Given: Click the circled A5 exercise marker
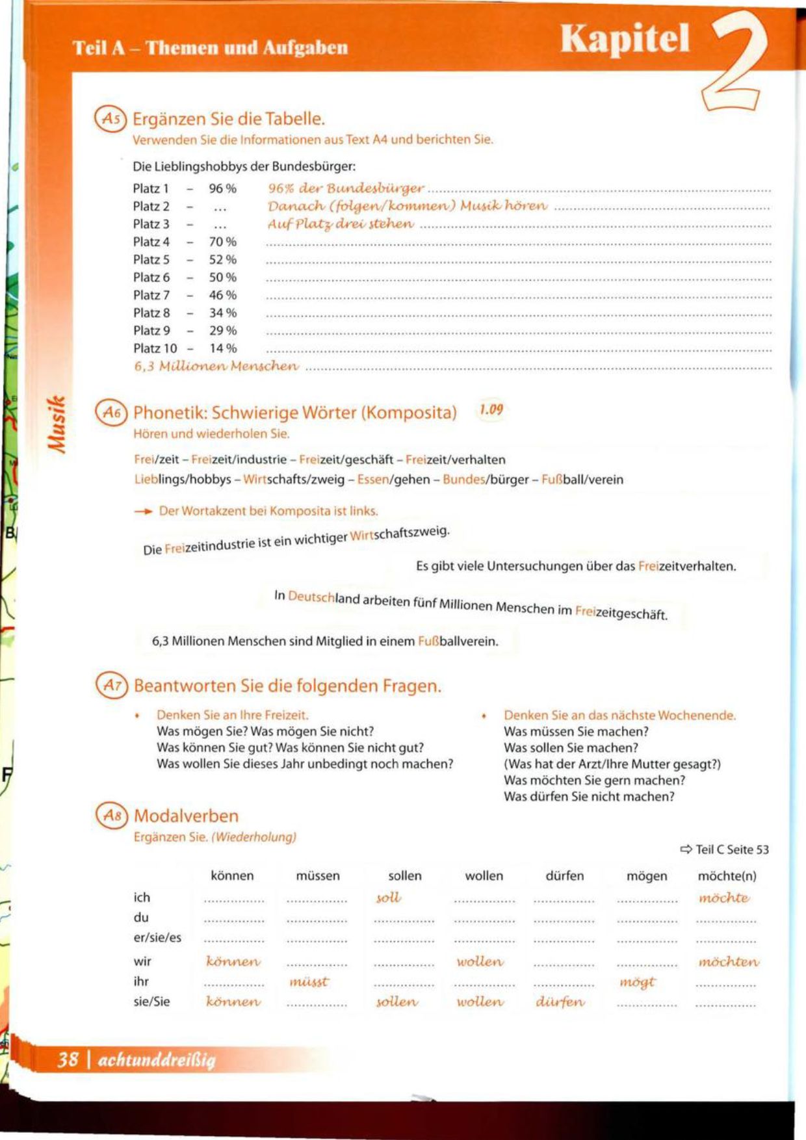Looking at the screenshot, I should [110, 119].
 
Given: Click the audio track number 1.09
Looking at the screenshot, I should [491, 409].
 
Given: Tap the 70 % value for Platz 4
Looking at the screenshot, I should [222, 242].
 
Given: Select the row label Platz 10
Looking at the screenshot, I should [155, 348].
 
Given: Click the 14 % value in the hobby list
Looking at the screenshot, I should [222, 348].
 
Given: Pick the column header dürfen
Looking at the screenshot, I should [564, 876].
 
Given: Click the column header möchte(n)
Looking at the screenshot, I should [727, 876].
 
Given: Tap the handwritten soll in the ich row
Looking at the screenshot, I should [388, 898].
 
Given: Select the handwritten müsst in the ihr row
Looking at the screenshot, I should [309, 981].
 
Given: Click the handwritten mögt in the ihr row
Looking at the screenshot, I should [637, 981].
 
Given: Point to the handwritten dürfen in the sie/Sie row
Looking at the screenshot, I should [560, 1002].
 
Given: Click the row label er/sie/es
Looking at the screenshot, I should [157, 938].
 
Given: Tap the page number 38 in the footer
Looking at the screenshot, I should [68, 1059].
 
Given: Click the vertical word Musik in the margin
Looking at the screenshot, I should [57, 422].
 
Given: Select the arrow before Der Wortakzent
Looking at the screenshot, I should [143, 512].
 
